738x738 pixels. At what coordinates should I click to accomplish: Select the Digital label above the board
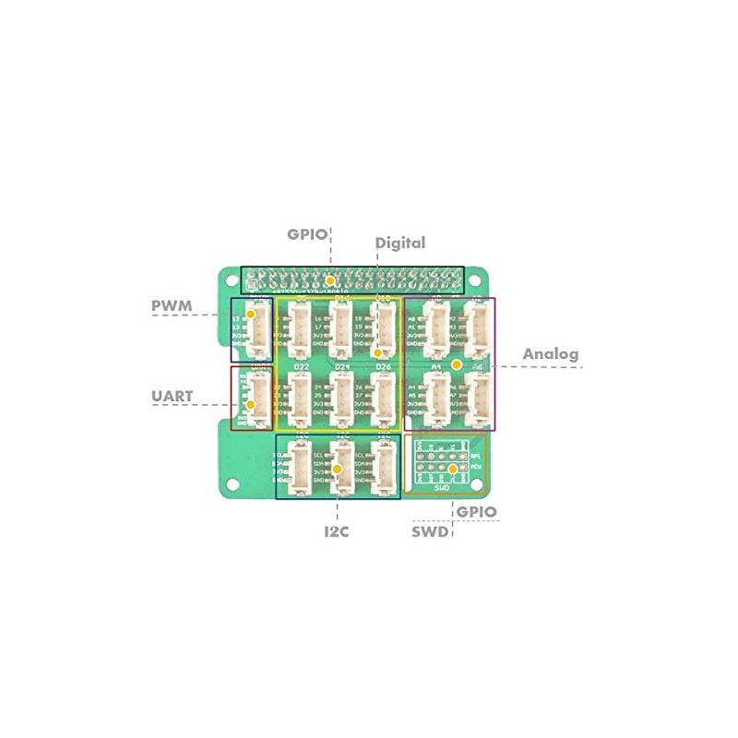coord(400,243)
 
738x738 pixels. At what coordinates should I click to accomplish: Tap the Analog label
coord(551,353)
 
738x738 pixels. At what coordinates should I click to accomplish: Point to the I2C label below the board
coord(336,531)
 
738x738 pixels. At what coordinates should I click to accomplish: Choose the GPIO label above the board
coord(307,234)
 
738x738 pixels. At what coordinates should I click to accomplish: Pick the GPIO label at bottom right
coord(476,512)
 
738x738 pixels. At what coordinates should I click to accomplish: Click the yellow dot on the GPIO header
coord(329,279)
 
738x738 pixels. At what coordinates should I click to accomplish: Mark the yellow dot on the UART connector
coord(249,403)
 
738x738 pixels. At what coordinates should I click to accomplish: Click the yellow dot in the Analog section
coord(456,365)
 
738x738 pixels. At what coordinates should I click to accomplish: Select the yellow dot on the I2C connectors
coord(338,470)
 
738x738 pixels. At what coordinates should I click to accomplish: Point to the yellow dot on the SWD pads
coord(452,470)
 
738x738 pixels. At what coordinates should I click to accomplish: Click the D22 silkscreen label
coord(301,367)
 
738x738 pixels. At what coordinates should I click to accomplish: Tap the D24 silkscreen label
coord(342,367)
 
